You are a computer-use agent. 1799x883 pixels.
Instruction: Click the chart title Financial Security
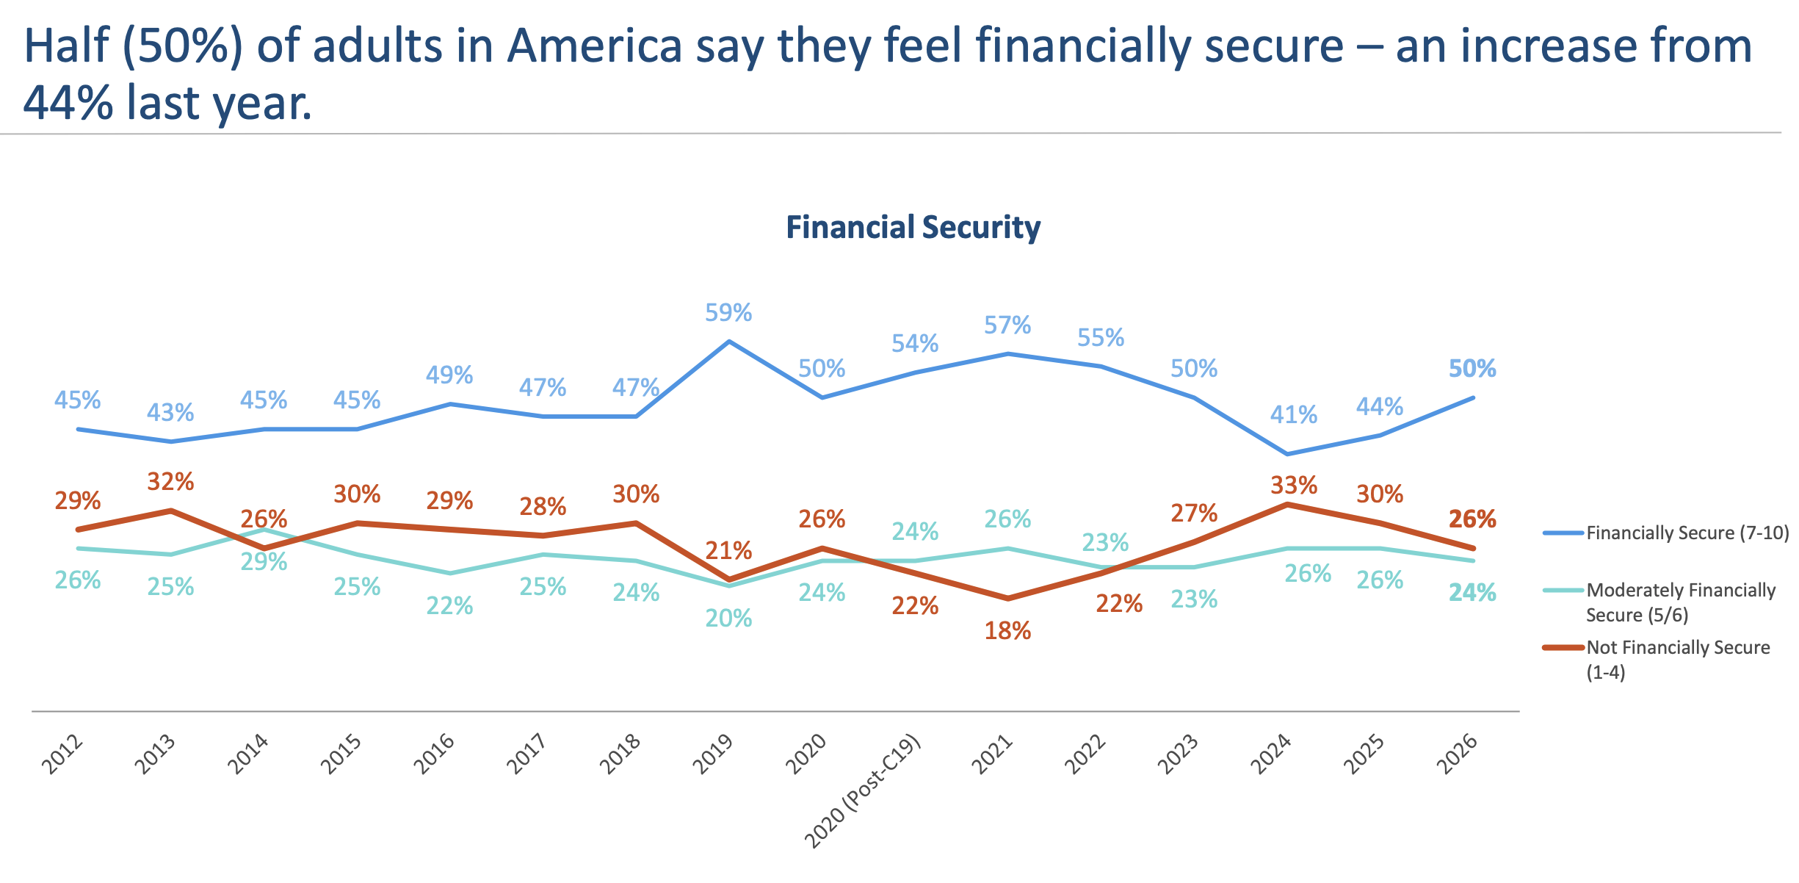click(x=913, y=227)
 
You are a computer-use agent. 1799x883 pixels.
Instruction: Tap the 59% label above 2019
click(x=728, y=313)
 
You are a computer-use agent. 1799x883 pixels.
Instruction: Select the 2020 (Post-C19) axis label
click(x=864, y=792)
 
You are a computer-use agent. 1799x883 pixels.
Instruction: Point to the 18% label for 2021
click(x=1007, y=630)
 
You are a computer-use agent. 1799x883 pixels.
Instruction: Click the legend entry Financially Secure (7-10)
click(x=1687, y=533)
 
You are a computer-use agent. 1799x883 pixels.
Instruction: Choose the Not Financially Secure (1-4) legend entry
click(x=1677, y=659)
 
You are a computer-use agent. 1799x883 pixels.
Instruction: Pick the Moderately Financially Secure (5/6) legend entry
click(x=1680, y=602)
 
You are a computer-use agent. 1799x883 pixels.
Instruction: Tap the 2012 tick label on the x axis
click(x=62, y=754)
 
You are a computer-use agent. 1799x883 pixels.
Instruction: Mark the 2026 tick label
click(x=1458, y=754)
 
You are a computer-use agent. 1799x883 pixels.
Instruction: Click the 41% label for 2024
click(x=1294, y=415)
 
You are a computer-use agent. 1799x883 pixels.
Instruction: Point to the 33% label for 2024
click(x=1294, y=486)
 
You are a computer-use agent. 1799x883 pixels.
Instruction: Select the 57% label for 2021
click(x=1007, y=325)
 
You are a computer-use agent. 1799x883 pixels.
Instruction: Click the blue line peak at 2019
click(x=729, y=342)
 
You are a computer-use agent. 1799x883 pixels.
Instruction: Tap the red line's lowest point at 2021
click(x=1007, y=598)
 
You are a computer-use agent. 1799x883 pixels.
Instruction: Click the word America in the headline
click(x=596, y=46)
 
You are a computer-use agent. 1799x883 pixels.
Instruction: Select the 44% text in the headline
click(x=68, y=103)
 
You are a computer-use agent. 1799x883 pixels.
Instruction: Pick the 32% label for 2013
click(x=170, y=482)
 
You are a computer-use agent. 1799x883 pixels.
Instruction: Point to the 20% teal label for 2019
click(x=728, y=619)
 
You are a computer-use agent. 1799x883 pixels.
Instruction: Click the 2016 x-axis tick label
click(x=435, y=754)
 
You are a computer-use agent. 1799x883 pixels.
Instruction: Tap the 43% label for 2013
click(x=170, y=413)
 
